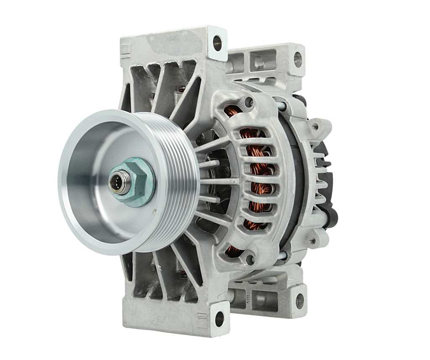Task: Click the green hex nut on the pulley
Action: pyautogui.click(x=139, y=182)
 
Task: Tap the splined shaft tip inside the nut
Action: pyautogui.click(x=118, y=184)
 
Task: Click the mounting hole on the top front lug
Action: pyautogui.click(x=217, y=43)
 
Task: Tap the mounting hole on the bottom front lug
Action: pyautogui.click(x=219, y=319)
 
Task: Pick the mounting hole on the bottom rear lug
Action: pyautogui.click(x=299, y=300)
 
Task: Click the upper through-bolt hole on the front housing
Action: pyautogui.click(x=249, y=101)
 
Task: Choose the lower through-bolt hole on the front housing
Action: pyautogui.click(x=250, y=259)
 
